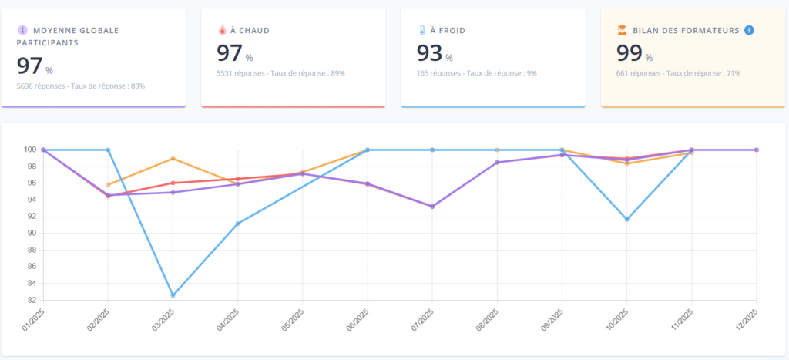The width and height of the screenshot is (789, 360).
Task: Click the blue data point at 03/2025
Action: (173, 295)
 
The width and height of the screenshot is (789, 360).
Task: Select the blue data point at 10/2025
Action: (626, 219)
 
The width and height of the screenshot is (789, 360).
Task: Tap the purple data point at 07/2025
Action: (432, 207)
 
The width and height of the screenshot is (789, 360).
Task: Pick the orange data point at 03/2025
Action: (173, 158)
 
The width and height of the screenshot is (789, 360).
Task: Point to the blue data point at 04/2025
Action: (237, 224)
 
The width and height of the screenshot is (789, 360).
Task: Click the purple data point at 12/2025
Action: (757, 150)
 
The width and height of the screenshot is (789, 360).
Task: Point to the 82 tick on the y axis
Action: (31, 300)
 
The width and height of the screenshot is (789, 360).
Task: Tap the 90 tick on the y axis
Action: (31, 233)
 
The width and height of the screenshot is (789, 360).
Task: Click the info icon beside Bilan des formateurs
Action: (749, 30)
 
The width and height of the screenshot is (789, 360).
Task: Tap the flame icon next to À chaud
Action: (223, 31)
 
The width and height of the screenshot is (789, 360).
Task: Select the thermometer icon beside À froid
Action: (422, 31)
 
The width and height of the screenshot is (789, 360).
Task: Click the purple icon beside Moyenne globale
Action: (22, 31)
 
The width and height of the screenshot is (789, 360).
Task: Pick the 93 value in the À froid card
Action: (429, 53)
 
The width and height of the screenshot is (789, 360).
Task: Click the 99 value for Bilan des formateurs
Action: (629, 53)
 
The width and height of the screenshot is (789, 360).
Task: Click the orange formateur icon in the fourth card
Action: (622, 31)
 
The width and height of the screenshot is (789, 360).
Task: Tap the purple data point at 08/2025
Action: (497, 163)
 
